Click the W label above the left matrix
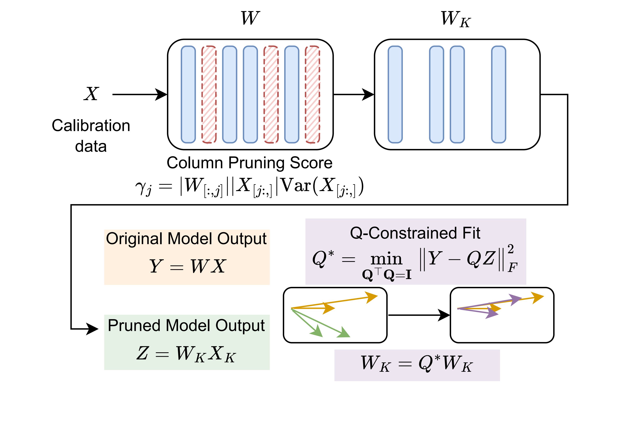tap(250, 18)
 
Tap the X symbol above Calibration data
tap(91, 94)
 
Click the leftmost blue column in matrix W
tap(188, 94)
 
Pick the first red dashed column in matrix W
tap(209, 94)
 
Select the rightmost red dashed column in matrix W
tap(312, 94)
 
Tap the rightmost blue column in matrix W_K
tap(499, 94)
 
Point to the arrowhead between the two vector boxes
tap(444, 315)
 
